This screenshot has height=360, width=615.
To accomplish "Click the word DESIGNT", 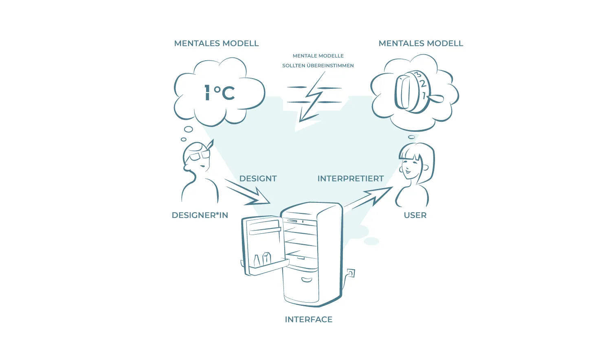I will coord(258,178).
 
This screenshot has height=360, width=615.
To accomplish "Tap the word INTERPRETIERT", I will coord(350,178).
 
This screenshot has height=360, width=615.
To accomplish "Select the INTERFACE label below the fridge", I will coord(308,319).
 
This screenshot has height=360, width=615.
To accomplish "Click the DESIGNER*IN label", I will coord(200,215).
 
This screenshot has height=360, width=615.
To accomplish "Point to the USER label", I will coord(415,215).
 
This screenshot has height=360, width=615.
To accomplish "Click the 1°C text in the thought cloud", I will coord(219,92).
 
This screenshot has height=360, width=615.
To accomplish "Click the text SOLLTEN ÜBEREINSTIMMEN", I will coord(318,66).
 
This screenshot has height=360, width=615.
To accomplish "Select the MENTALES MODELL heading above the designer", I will coord(216,43).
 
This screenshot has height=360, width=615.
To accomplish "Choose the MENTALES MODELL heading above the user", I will coord(421,43).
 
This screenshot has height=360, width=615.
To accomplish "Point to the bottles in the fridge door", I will coord(262,259).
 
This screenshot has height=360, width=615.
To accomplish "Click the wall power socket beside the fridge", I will coord(351,273).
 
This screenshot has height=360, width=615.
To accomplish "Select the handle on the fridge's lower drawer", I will coord(306,280).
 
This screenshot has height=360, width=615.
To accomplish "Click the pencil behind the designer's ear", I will coord(210,144).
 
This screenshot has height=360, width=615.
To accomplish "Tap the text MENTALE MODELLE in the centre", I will coord(318,56).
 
